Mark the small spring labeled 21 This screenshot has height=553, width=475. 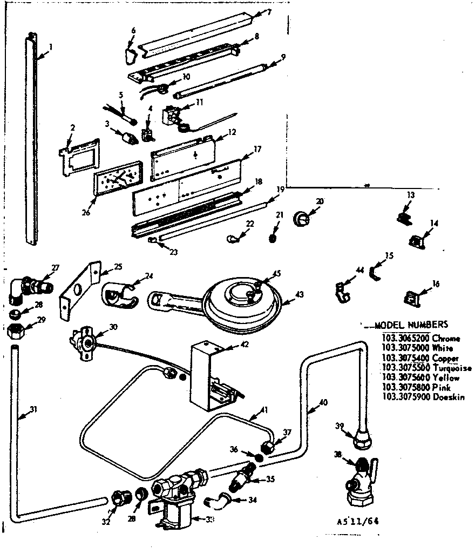click(274, 237)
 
